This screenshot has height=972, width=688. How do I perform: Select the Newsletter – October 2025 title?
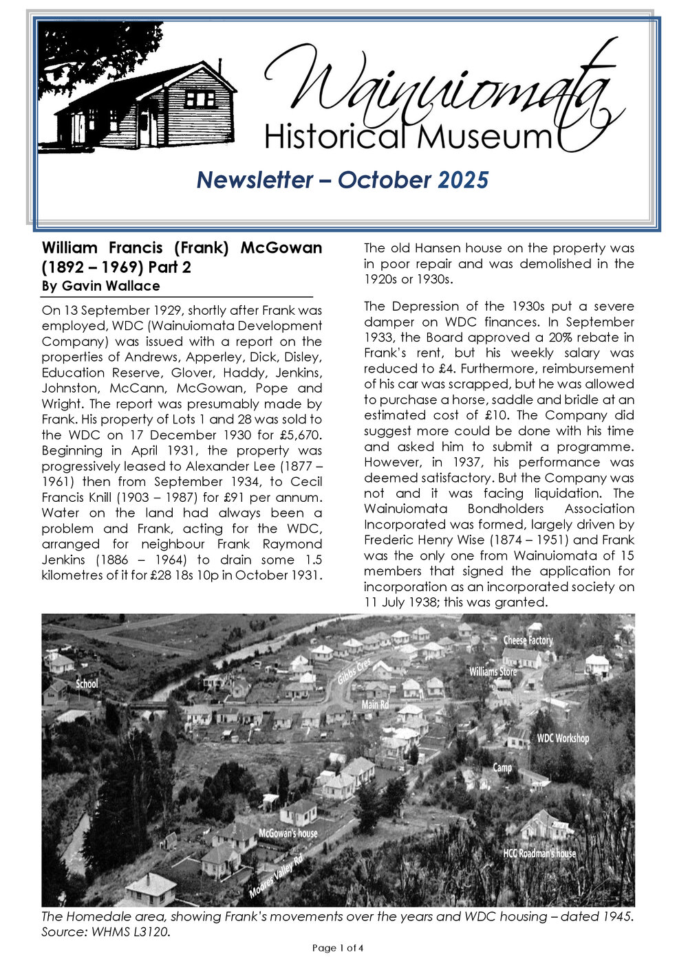pyautogui.click(x=342, y=180)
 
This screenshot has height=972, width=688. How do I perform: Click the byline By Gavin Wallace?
pyautogui.click(x=100, y=286)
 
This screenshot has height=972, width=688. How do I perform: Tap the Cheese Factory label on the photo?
pyautogui.click(x=528, y=640)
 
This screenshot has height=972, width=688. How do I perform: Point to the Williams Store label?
pyautogui.click(x=493, y=671)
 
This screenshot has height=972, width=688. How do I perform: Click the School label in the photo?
pyautogui.click(x=87, y=683)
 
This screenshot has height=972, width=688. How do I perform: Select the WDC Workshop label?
pyautogui.click(x=563, y=738)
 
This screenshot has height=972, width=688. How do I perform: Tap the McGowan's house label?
pyautogui.click(x=288, y=833)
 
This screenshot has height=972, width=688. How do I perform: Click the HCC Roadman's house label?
pyautogui.click(x=539, y=853)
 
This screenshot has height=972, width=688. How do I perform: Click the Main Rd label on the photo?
pyautogui.click(x=376, y=705)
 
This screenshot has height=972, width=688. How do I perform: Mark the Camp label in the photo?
pyautogui.click(x=502, y=767)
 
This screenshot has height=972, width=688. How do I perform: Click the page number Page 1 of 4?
pyautogui.click(x=337, y=948)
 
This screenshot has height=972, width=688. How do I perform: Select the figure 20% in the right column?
pyautogui.click(x=555, y=338)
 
